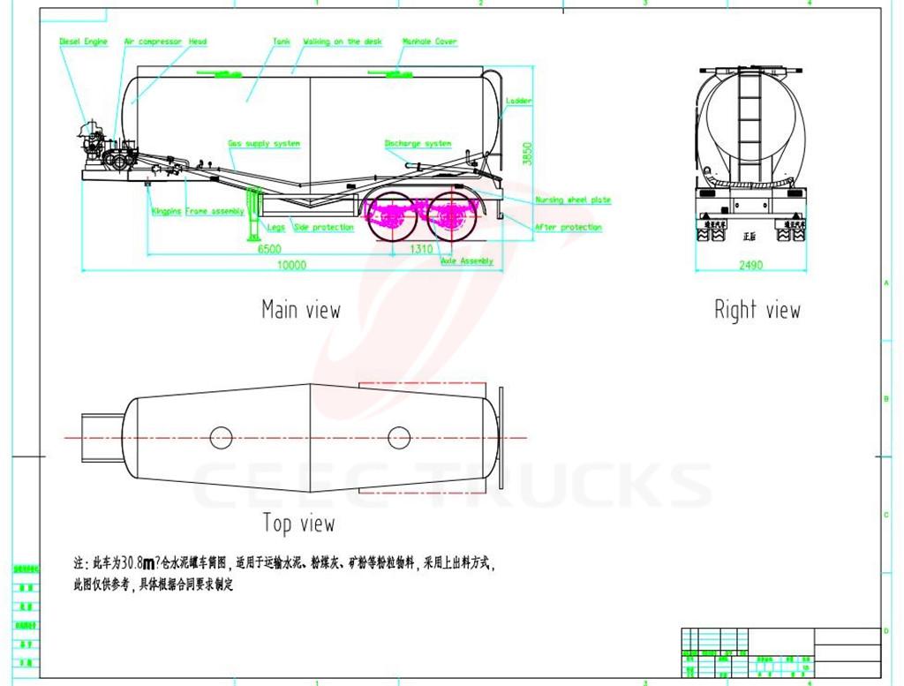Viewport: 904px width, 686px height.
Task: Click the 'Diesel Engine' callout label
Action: coord(83,41)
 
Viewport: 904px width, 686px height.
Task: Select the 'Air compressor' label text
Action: coord(153,41)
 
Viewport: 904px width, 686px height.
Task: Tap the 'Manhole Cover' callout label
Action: coord(430,41)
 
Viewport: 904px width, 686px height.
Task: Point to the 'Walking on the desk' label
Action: coord(343,41)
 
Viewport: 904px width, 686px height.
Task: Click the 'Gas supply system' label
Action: coord(264,143)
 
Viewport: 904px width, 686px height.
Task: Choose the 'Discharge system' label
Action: coord(418,143)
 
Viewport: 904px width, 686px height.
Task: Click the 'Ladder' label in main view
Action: coord(519,102)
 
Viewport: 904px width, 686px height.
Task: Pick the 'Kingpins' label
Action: coord(166,211)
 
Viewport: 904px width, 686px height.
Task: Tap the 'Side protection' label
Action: coord(323,228)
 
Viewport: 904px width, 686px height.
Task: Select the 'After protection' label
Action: coord(569,228)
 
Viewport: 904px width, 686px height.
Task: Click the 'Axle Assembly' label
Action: coord(467,261)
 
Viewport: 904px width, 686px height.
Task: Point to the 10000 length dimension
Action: coord(291,265)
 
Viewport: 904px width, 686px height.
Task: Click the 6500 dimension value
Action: coord(270,250)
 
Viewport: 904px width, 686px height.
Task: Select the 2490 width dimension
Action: coord(750,265)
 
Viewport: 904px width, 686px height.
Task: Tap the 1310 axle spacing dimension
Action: coord(421,250)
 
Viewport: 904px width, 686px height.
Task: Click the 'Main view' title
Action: coord(300,309)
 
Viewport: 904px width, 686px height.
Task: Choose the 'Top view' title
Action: coord(298,524)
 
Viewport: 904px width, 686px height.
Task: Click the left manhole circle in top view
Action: coord(221,436)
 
